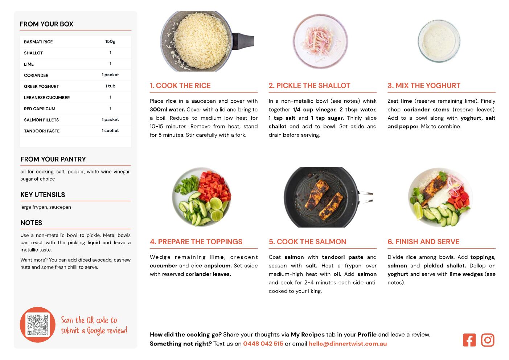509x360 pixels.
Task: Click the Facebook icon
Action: pos(469,340)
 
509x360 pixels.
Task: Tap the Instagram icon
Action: pos(488,340)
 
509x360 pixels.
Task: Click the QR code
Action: pos(38,325)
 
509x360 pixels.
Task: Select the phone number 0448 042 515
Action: pos(263,344)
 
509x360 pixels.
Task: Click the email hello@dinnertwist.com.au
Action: pos(348,344)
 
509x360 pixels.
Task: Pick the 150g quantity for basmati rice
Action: pos(110,41)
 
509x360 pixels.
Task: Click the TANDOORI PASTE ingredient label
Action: pos(42,131)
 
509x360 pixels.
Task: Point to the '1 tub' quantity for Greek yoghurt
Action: pos(110,86)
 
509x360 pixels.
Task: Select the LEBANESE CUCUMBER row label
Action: pos(47,98)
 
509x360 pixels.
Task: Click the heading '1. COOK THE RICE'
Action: pos(180,85)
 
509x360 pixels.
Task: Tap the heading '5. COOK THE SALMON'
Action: pos(307,242)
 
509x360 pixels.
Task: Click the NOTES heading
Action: pos(31,223)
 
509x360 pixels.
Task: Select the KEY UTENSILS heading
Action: pos(43,195)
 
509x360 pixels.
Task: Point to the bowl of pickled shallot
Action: pos(320,41)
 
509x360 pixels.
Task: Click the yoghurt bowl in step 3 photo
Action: pos(439,41)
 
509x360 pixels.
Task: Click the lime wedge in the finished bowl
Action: pos(418,211)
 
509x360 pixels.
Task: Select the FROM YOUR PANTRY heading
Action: pos(53,159)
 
